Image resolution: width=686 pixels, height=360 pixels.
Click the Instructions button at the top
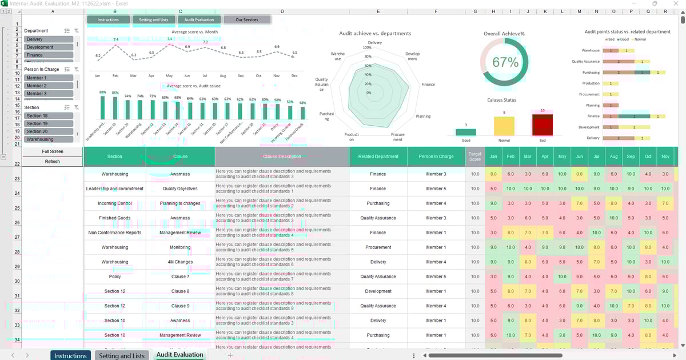(x=108, y=20)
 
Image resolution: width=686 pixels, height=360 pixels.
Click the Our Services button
(x=247, y=20)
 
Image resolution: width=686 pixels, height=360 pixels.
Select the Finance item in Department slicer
(x=49, y=55)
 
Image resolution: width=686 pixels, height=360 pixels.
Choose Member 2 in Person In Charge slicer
(x=49, y=86)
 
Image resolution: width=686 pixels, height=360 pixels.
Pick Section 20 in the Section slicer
(x=49, y=131)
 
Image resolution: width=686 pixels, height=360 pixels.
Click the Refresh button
(x=53, y=162)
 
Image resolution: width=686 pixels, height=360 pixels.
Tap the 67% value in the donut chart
(x=505, y=62)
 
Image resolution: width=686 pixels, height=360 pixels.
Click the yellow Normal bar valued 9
(x=504, y=126)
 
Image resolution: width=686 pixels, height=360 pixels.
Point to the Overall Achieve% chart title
(x=504, y=34)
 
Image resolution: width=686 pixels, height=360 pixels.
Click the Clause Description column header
(x=282, y=157)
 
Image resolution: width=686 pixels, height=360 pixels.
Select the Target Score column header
(x=474, y=157)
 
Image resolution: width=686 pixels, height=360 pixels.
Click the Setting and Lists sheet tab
(x=122, y=355)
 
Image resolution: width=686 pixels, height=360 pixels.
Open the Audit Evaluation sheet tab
(x=180, y=355)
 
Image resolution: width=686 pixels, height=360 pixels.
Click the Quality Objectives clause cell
(x=180, y=189)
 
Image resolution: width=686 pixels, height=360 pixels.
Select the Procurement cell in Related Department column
(x=378, y=247)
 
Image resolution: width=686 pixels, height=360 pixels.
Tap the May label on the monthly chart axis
(x=169, y=76)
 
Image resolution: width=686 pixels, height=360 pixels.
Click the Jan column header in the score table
(x=493, y=157)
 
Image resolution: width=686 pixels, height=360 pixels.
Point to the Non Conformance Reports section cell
(x=114, y=233)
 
